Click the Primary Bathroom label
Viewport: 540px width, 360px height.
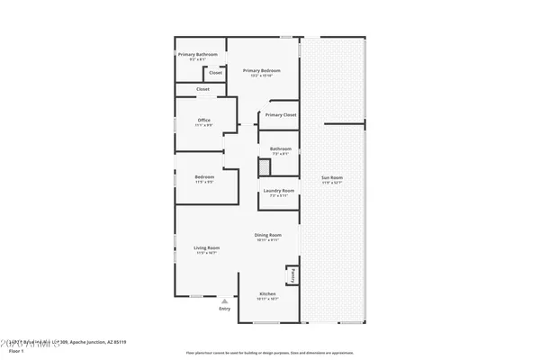click(x=197, y=55)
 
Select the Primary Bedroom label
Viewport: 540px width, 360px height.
click(x=262, y=70)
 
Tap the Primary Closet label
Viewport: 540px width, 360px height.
click(x=280, y=114)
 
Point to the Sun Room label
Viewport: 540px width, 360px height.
click(x=332, y=177)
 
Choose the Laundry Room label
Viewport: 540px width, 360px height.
click(x=278, y=191)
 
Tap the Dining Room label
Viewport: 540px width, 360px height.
click(x=267, y=235)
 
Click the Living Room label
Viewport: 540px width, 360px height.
click(x=207, y=247)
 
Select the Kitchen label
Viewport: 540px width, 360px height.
click(x=267, y=294)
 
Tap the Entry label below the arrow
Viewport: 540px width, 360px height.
click(x=224, y=310)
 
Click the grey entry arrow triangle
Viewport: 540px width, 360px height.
click(x=224, y=301)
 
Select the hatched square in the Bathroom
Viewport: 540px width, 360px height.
click(x=265, y=166)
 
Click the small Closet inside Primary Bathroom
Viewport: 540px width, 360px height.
click(x=216, y=72)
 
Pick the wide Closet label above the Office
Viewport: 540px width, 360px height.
click(x=202, y=89)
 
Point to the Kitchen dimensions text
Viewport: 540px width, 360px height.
click(x=267, y=299)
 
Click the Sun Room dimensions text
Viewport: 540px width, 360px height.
click(x=332, y=183)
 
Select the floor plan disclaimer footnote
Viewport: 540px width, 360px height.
click(x=269, y=352)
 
